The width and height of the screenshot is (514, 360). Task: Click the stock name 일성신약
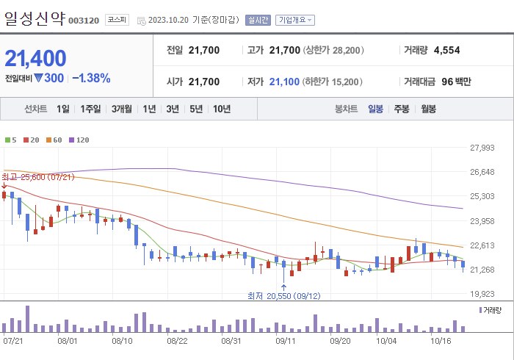coord(35,18)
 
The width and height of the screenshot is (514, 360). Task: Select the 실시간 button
coord(258,20)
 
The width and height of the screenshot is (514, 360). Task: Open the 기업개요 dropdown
coord(295,20)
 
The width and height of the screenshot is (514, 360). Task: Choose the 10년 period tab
coord(221,109)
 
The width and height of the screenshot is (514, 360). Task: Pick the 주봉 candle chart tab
coord(401,109)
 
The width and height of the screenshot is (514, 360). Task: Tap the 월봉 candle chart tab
coord(428,109)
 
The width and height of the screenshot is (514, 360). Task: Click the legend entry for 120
coord(80,140)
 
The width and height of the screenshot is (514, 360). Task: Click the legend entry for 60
coord(54,140)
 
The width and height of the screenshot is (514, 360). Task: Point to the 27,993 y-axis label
coord(482,148)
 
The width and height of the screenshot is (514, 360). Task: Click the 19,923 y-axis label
coord(482,293)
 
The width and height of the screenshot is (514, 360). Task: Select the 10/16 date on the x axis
coord(440,341)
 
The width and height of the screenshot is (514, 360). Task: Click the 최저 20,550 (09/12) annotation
coord(283,295)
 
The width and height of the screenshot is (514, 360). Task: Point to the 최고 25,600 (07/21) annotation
coord(38,177)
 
